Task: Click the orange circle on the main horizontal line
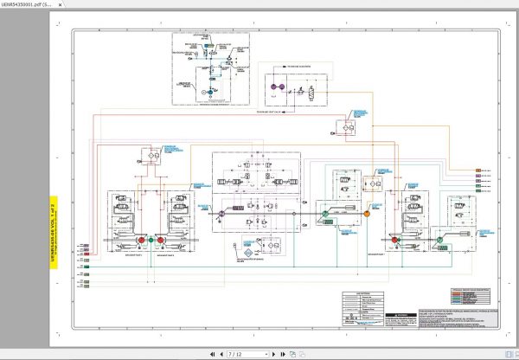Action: (366, 212)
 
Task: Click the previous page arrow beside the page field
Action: (221, 354)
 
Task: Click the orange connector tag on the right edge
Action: (478, 170)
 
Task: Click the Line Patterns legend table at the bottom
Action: (362, 307)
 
